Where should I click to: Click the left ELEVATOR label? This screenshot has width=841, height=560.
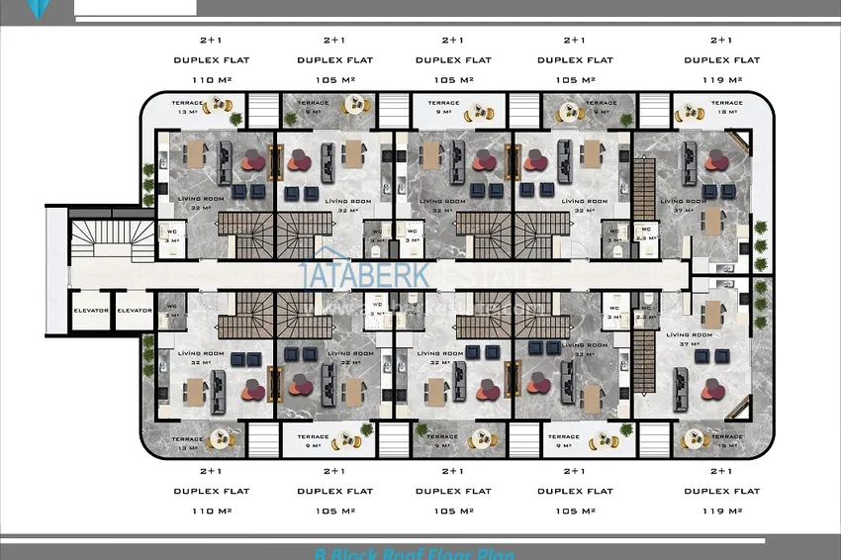pyautogui.click(x=90, y=311)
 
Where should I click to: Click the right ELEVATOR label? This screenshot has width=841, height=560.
pyautogui.click(x=135, y=311)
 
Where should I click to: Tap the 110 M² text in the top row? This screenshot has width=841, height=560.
pyautogui.click(x=211, y=79)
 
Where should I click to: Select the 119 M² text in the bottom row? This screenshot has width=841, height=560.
pyautogui.click(x=721, y=511)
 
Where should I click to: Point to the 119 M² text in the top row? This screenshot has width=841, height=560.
pyautogui.click(x=721, y=79)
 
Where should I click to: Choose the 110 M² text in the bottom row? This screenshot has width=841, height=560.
pyautogui.click(x=211, y=511)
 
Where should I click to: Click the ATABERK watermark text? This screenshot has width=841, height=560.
pyautogui.click(x=366, y=274)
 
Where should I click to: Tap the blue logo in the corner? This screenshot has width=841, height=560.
pyautogui.click(x=38, y=7)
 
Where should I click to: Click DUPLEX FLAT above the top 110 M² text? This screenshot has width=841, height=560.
pyautogui.click(x=211, y=60)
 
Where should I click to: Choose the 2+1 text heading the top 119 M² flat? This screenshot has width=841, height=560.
pyautogui.click(x=721, y=41)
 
